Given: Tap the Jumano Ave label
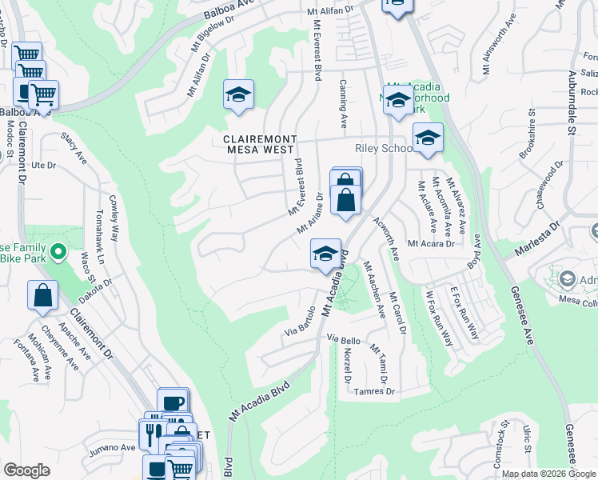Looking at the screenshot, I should click(x=113, y=448).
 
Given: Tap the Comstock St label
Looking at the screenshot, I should click(x=501, y=447).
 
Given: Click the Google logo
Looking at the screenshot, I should click(x=26, y=470).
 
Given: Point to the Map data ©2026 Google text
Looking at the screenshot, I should click(x=548, y=474).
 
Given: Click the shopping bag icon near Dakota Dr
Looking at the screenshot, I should click(x=42, y=295).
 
